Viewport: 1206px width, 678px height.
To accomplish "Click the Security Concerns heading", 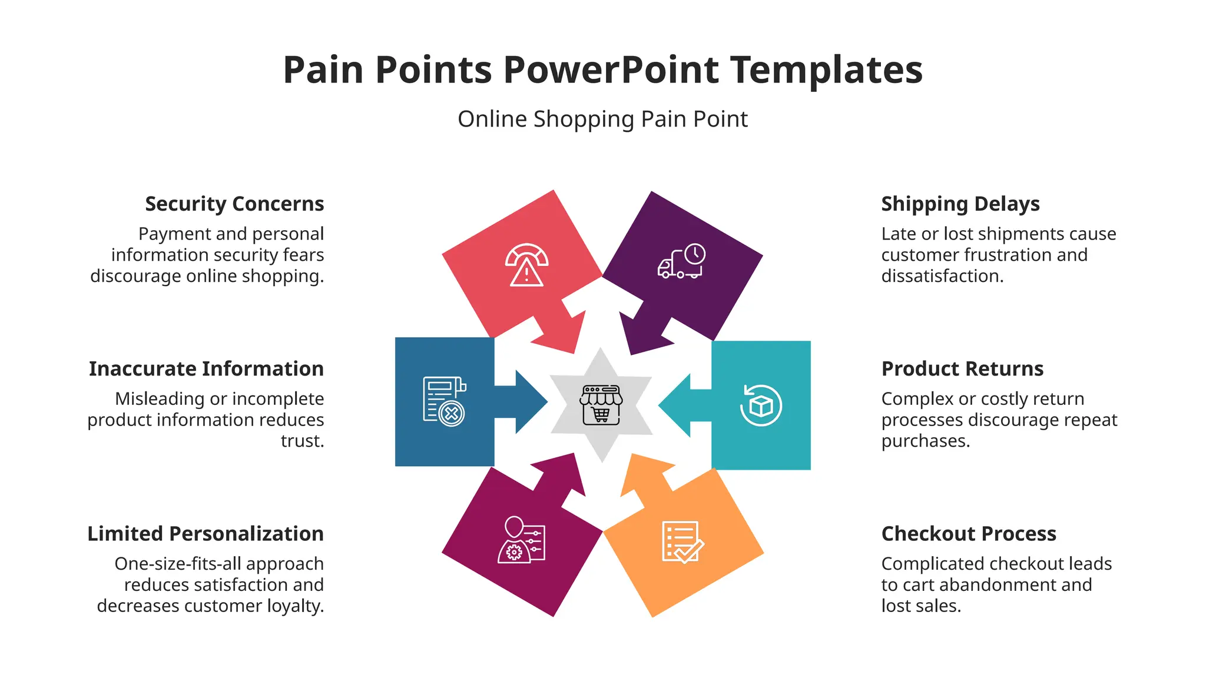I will tap(234, 204).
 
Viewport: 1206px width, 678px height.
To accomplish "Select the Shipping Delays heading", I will tap(960, 204).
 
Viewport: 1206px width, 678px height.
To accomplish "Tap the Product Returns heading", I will tap(962, 368).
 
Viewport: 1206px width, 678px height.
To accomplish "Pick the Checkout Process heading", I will tap(969, 533).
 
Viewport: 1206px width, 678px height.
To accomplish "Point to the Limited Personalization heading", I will tap(206, 533).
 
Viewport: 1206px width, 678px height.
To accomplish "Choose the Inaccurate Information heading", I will tap(206, 368).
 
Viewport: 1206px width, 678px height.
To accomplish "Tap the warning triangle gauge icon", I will tap(526, 265).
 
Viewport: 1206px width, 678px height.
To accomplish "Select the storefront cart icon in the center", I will tap(601, 405).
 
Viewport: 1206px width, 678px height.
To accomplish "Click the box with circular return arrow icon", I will tap(761, 405).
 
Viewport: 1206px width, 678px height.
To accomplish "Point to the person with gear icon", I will tap(521, 540).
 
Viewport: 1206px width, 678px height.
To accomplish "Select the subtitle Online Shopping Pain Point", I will tap(602, 119).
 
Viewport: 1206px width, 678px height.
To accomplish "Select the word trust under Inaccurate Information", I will tap(301, 440).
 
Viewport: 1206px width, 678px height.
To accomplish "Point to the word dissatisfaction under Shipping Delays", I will tap(942, 275).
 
